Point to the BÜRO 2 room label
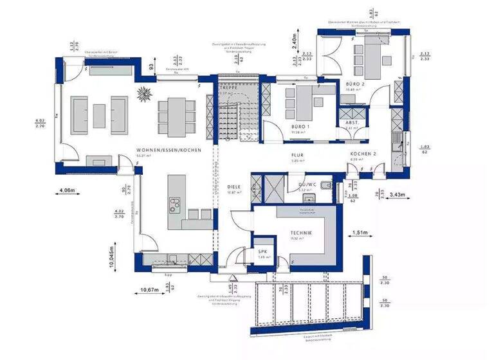[355, 84]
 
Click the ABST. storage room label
[352, 122]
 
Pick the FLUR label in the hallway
[297, 155]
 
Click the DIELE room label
[234, 187]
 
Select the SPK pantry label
[262, 251]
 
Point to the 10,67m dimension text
[148, 290]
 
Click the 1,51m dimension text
[359, 233]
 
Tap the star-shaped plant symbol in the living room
[145, 93]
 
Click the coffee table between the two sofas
[99, 115]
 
